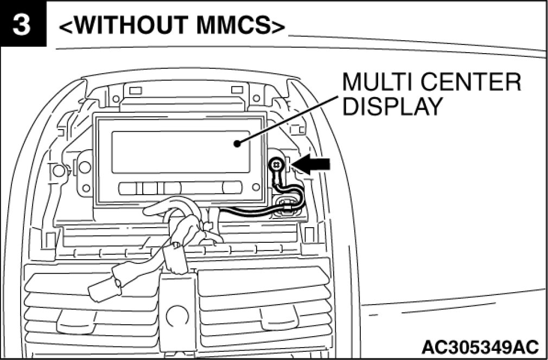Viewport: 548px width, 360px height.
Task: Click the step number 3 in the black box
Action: (21, 25)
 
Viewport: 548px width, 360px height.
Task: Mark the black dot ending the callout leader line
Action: (237, 144)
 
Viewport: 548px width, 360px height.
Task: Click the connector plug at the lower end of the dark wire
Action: (286, 207)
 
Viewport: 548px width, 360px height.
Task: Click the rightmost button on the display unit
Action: (232, 188)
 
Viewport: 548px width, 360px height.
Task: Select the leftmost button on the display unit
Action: (130, 188)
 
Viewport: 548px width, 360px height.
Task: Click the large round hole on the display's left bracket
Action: (85, 167)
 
